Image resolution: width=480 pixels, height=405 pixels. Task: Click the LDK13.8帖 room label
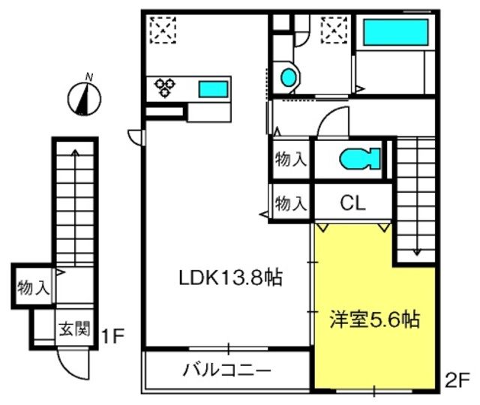tap(230, 277)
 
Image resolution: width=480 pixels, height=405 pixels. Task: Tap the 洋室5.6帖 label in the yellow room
tap(374, 319)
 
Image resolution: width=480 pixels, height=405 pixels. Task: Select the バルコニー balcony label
tap(226, 370)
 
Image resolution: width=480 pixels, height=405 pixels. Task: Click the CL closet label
tap(353, 202)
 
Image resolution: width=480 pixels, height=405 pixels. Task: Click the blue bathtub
tap(395, 32)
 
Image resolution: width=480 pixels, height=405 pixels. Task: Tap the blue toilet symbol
tap(360, 158)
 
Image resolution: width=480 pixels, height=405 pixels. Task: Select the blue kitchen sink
tap(213, 89)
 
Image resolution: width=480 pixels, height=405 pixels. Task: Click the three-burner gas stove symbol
tap(165, 87)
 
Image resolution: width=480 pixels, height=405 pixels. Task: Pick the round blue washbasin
tap(289, 77)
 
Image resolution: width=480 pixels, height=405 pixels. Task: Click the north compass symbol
tap(84, 97)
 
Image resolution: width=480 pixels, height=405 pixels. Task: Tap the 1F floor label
tap(112, 336)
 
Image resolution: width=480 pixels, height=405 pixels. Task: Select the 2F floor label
tap(457, 381)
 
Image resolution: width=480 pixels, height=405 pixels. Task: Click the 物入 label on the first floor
tap(33, 287)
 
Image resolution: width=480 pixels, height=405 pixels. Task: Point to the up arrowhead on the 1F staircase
tap(75, 151)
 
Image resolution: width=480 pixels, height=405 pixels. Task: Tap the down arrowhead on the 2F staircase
tap(417, 252)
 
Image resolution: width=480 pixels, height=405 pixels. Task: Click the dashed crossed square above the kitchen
tap(163, 30)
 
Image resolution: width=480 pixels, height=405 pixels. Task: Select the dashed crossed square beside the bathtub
tap(334, 30)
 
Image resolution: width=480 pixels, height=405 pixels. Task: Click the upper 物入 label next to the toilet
tap(290, 159)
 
